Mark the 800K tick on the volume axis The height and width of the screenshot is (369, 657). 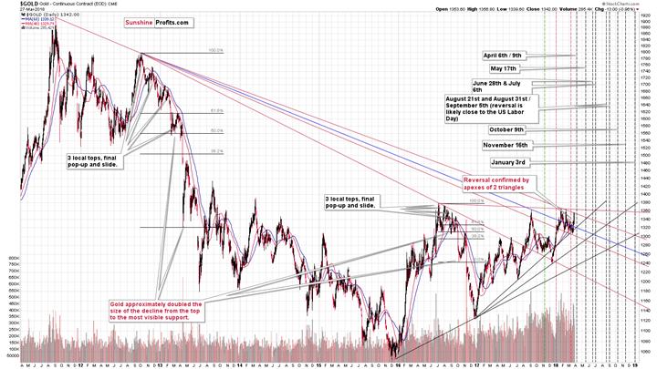click(x=13, y=258)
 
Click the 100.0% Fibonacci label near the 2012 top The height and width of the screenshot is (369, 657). click(x=216, y=51)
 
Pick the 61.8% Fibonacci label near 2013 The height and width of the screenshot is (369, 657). click(x=216, y=111)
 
